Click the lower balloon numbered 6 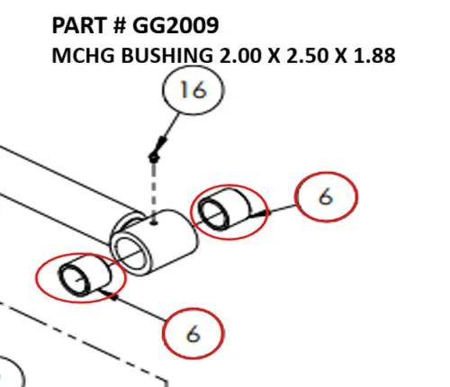click(x=193, y=332)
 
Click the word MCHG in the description click(x=77, y=56)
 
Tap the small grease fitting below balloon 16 click(x=155, y=158)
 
